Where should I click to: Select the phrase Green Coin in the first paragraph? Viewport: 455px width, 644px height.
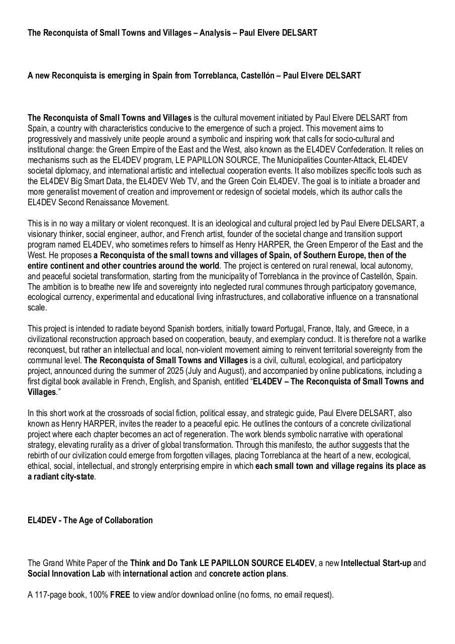coord(301,181)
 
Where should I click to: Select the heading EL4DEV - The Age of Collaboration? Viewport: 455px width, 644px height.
coord(90,520)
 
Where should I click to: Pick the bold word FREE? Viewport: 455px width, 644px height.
coord(120,595)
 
